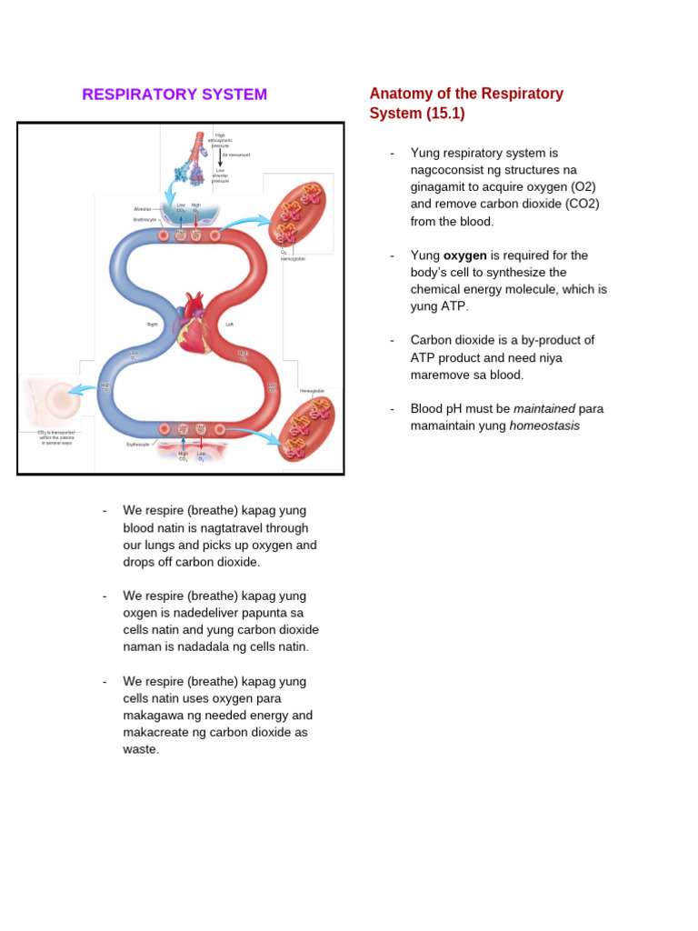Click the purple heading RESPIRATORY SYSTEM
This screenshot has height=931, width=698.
click(174, 95)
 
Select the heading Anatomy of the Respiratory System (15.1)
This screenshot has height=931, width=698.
click(465, 104)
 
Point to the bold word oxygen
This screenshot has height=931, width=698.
click(464, 255)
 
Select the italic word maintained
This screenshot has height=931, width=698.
click(543, 408)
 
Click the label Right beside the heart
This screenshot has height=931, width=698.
click(153, 324)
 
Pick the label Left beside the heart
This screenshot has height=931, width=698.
click(230, 324)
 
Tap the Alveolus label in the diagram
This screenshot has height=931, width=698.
click(142, 209)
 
